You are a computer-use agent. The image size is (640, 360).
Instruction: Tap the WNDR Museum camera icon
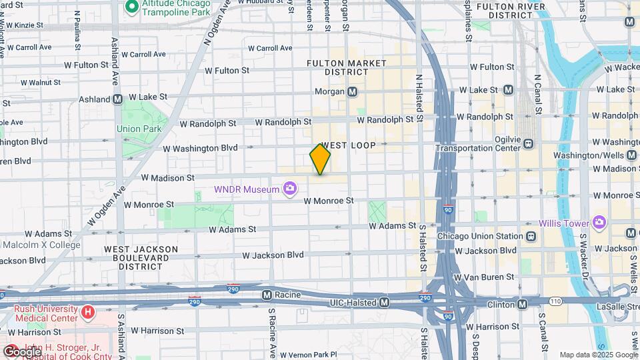pyautogui.click(x=290, y=189)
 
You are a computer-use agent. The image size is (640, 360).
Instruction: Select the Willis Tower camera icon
pyautogui.click(x=599, y=222)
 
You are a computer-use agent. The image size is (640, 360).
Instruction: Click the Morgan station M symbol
pyautogui.click(x=352, y=91)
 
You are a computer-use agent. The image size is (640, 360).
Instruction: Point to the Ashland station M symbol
pyautogui.click(x=117, y=99)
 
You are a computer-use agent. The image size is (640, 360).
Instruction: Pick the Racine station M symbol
pyautogui.click(x=267, y=294)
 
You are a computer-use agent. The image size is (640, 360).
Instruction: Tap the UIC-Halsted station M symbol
pyautogui.click(x=384, y=303)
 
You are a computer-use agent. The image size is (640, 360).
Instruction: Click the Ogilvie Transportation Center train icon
pyautogui.click(x=529, y=143)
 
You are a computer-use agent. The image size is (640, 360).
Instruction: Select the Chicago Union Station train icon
pyautogui.click(x=531, y=236)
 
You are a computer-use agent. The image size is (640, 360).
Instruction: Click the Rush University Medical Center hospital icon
pyautogui.click(x=87, y=311)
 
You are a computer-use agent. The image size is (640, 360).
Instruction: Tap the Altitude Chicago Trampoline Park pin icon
pyautogui.click(x=131, y=7)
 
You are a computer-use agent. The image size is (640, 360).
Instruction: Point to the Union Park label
pyautogui.click(x=139, y=129)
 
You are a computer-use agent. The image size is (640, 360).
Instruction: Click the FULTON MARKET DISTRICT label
pyautogui.click(x=346, y=67)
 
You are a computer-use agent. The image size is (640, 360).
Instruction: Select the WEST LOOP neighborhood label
pyautogui.click(x=348, y=145)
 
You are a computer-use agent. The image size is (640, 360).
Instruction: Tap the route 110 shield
pyautogui.click(x=555, y=302)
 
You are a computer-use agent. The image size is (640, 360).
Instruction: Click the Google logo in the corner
pyautogui.click(x=21, y=351)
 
